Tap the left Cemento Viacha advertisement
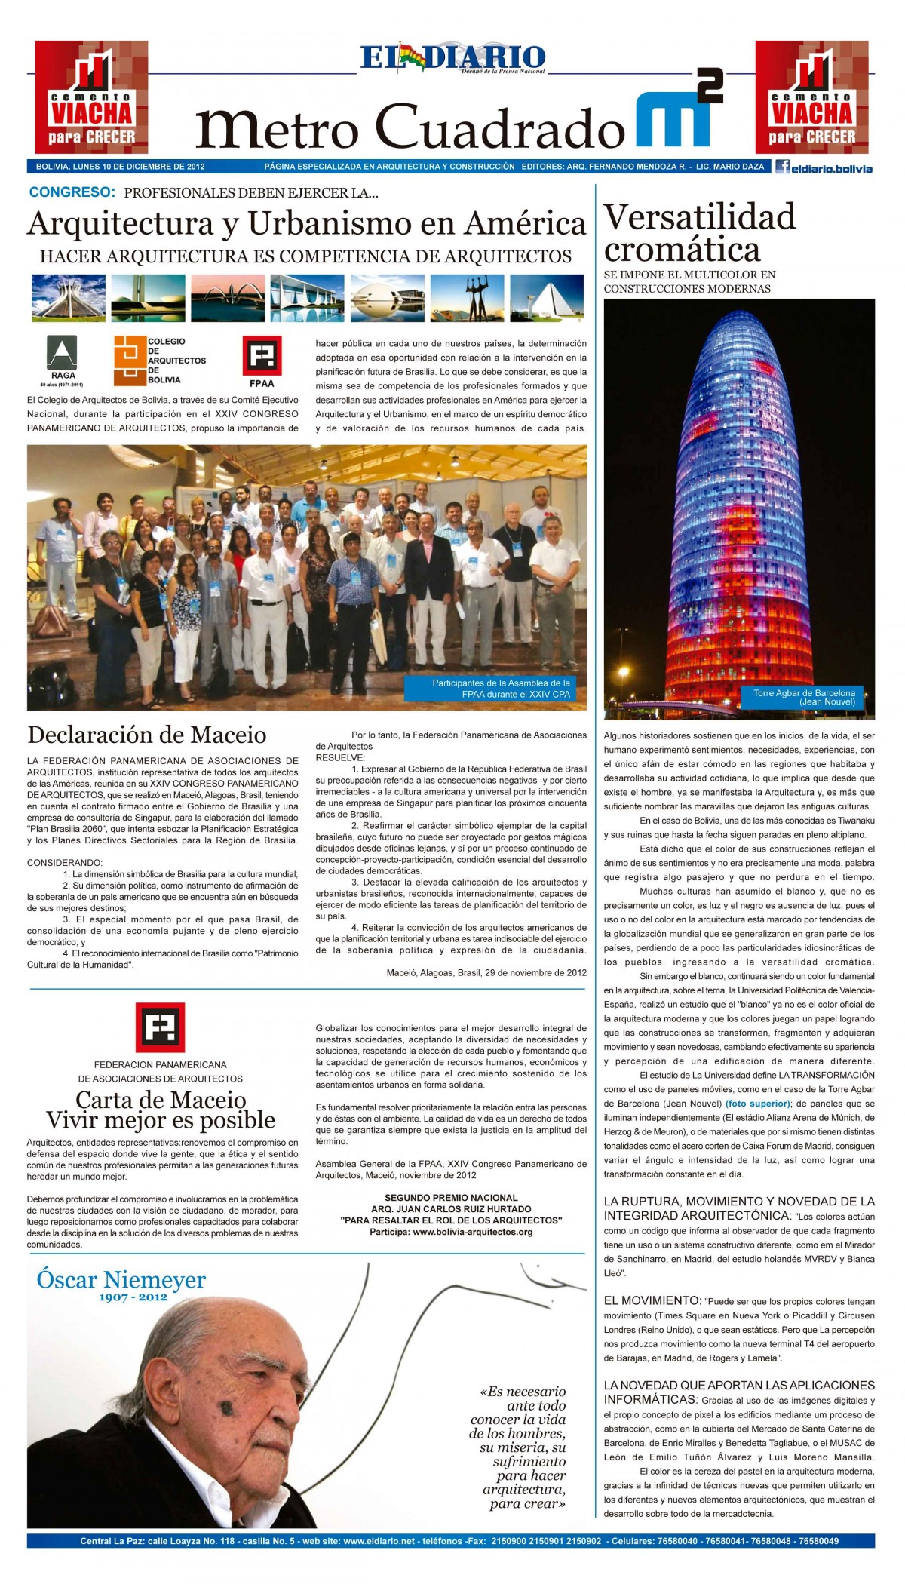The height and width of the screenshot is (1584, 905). pos(91,97)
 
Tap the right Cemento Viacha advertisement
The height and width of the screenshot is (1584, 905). pos(812,97)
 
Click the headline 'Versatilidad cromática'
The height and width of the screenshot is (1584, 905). pos(700,232)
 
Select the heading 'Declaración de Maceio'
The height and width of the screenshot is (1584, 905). pos(147,734)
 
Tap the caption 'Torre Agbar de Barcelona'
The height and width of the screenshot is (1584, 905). pos(804,696)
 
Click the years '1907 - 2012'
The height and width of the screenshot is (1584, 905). pos(133,1297)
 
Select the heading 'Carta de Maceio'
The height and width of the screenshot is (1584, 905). pos(161,1098)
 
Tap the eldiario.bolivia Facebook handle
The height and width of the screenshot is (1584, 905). pos(824,168)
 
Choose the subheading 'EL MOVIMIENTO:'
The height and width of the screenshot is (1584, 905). pos(652,1300)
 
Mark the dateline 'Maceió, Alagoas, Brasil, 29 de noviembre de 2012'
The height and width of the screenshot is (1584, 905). pos(486,972)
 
